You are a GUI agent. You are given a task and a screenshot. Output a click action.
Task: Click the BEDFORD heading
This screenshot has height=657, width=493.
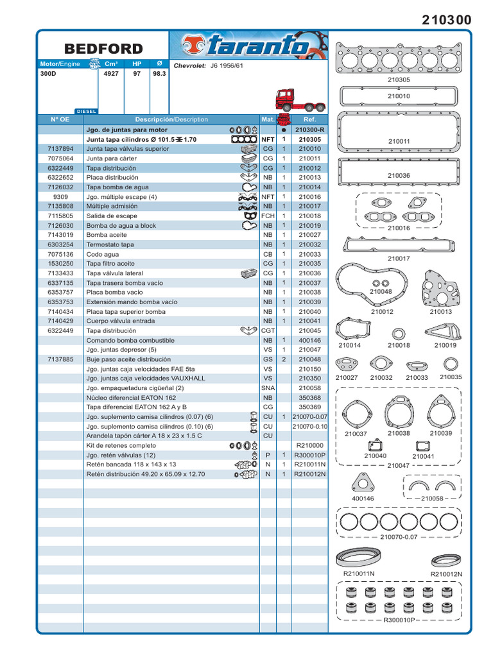point(103,49)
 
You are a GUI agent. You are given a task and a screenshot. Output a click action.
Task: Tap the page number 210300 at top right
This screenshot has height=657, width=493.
point(447,21)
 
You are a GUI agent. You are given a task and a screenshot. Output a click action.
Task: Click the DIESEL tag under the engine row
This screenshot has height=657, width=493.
point(86,111)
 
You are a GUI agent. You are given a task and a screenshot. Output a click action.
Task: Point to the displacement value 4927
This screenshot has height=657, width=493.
point(111,74)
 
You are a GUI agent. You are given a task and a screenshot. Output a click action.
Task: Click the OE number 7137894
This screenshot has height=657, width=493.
point(60,149)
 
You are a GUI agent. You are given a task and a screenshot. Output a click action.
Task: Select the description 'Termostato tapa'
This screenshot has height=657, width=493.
point(110,244)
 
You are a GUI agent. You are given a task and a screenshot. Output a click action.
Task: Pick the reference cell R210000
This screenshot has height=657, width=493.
point(310,445)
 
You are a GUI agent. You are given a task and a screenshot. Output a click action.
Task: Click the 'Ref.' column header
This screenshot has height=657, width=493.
point(310,119)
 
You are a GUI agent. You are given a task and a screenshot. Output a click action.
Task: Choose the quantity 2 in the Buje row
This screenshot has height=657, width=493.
point(283,359)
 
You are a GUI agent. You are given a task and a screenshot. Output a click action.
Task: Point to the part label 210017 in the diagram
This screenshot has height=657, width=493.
point(399,259)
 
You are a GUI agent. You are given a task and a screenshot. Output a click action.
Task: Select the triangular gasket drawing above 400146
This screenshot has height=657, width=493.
point(362,482)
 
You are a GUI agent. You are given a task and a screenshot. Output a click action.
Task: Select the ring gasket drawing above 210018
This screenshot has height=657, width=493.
point(399,334)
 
